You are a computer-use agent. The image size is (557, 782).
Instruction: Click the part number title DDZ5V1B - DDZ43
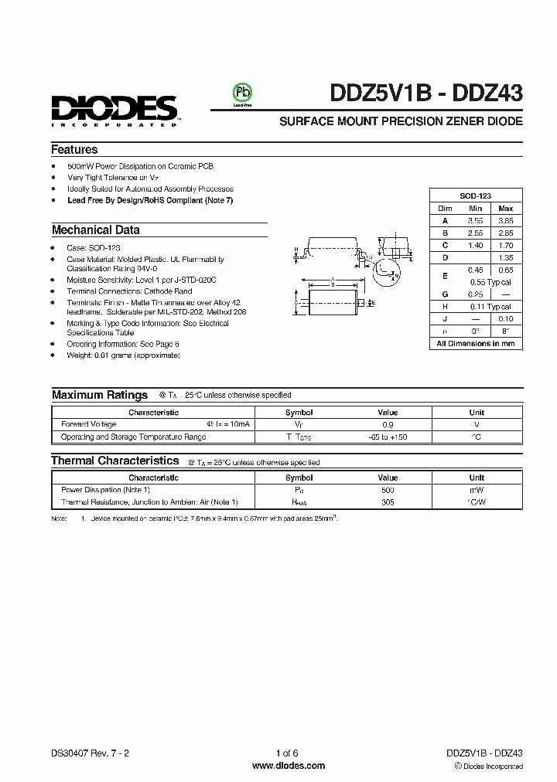click(426, 93)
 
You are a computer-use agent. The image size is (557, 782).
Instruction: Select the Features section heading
click(74, 150)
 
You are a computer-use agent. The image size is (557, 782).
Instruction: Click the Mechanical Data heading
click(95, 229)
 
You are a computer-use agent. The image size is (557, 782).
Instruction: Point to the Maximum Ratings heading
click(99, 395)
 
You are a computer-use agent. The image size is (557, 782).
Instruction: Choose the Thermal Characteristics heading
click(114, 461)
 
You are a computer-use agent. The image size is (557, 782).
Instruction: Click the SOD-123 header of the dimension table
click(475, 196)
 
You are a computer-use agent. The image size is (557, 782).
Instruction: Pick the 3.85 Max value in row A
click(505, 220)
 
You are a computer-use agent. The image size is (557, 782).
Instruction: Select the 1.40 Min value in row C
click(475, 245)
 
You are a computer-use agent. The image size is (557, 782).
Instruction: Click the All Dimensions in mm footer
click(475, 343)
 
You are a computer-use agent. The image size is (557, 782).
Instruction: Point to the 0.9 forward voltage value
click(388, 424)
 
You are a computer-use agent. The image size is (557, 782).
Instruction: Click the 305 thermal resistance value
click(388, 502)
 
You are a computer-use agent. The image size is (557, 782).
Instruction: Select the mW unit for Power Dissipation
click(477, 490)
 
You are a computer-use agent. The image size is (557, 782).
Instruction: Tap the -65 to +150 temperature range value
click(388, 437)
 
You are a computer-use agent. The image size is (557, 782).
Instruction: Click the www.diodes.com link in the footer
click(289, 766)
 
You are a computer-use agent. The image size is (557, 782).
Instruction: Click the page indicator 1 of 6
click(286, 753)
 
